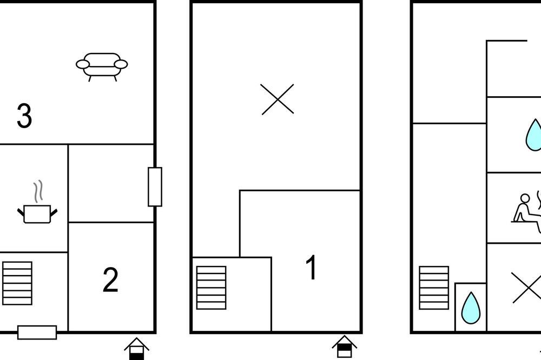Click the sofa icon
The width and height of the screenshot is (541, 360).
[x=102, y=66]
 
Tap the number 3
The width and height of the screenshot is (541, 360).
[x=24, y=116]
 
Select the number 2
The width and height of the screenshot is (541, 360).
[x=110, y=280]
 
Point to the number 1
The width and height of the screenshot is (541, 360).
[x=311, y=267]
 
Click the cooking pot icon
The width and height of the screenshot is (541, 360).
[x=37, y=214]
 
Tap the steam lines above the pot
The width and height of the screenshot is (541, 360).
[x=38, y=191]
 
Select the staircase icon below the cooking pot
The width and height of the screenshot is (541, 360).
[x=17, y=283]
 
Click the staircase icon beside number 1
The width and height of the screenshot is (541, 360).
[x=211, y=288]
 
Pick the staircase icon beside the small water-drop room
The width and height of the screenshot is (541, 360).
[x=434, y=288]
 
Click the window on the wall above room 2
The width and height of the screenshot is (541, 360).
[x=155, y=187]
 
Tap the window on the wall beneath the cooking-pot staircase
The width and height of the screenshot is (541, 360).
[x=37, y=332]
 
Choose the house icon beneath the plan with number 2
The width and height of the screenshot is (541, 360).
[x=137, y=349]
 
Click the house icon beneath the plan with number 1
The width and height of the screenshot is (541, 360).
[x=344, y=347]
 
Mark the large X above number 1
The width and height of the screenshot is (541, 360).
[x=278, y=99]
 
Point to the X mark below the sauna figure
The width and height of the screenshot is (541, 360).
[x=527, y=288]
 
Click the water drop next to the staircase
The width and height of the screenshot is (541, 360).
[x=471, y=308]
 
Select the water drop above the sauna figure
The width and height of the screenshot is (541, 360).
[x=534, y=135]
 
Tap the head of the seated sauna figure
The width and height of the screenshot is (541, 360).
[x=525, y=198]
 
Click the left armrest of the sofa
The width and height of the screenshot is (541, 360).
[x=83, y=64]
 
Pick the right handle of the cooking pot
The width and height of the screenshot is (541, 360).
[x=54, y=213]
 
